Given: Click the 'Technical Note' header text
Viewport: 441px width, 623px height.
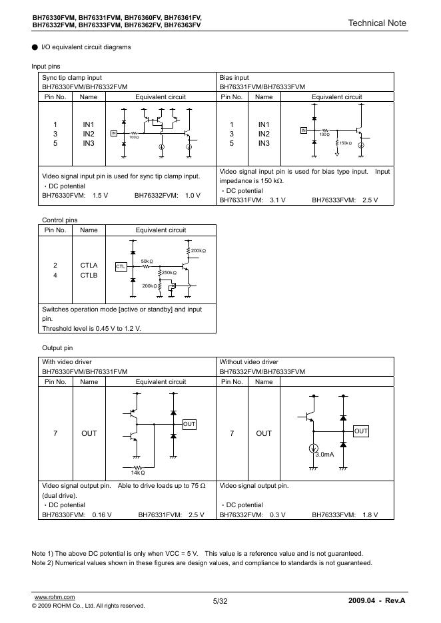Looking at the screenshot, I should coord(376,23).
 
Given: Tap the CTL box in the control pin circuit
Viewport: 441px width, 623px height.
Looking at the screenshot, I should coord(121,266).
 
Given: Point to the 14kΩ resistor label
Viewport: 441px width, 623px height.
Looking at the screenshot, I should coord(137,473).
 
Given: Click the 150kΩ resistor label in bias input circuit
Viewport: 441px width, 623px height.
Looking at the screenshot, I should coord(345,143).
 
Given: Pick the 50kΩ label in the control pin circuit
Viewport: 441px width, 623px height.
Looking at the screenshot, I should coord(147,261).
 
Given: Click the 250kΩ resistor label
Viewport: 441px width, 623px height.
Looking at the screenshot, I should coord(169,273).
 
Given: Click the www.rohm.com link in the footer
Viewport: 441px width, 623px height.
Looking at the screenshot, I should coord(54,597).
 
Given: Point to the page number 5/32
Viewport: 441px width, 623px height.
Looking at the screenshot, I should coord(220,601).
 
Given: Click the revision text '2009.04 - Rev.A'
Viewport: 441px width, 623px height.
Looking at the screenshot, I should coord(376,601).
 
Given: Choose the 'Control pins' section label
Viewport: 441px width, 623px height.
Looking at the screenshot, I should coord(59,220).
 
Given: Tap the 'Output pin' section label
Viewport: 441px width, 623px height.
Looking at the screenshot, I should coord(57,348).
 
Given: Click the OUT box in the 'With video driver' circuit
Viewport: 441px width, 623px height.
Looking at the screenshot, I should coord(189,424).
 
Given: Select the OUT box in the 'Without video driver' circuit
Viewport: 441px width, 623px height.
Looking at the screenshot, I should coord(360,431).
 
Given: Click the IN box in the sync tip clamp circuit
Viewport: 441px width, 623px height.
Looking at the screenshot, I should coord(113,133).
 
